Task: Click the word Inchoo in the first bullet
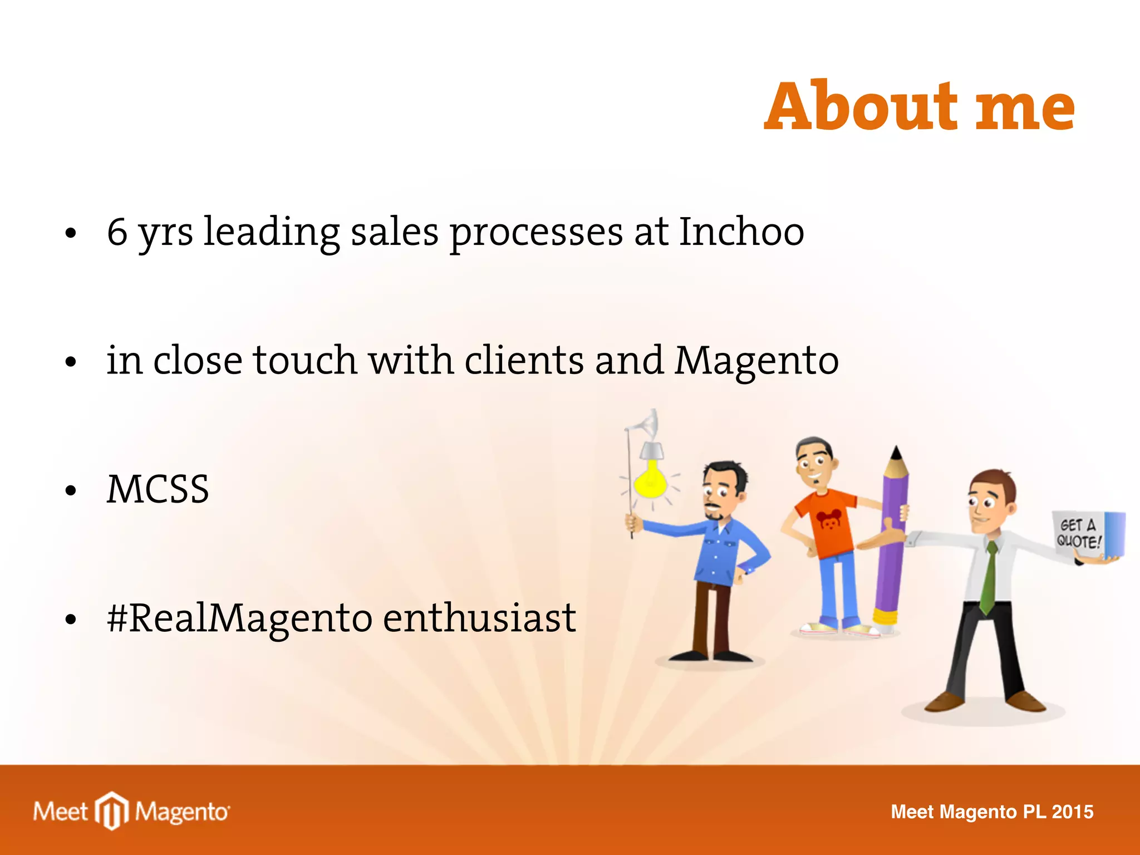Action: pyautogui.click(x=741, y=232)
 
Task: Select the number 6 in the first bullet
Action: pyautogui.click(x=117, y=232)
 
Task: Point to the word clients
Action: pyautogui.click(x=524, y=360)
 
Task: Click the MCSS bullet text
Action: pyautogui.click(x=158, y=489)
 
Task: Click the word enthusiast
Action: pyautogui.click(x=479, y=618)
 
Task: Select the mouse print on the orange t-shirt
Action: pyautogui.click(x=829, y=521)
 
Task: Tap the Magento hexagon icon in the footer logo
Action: pyautogui.click(x=112, y=810)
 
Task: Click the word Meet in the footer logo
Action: pyautogui.click(x=60, y=812)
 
